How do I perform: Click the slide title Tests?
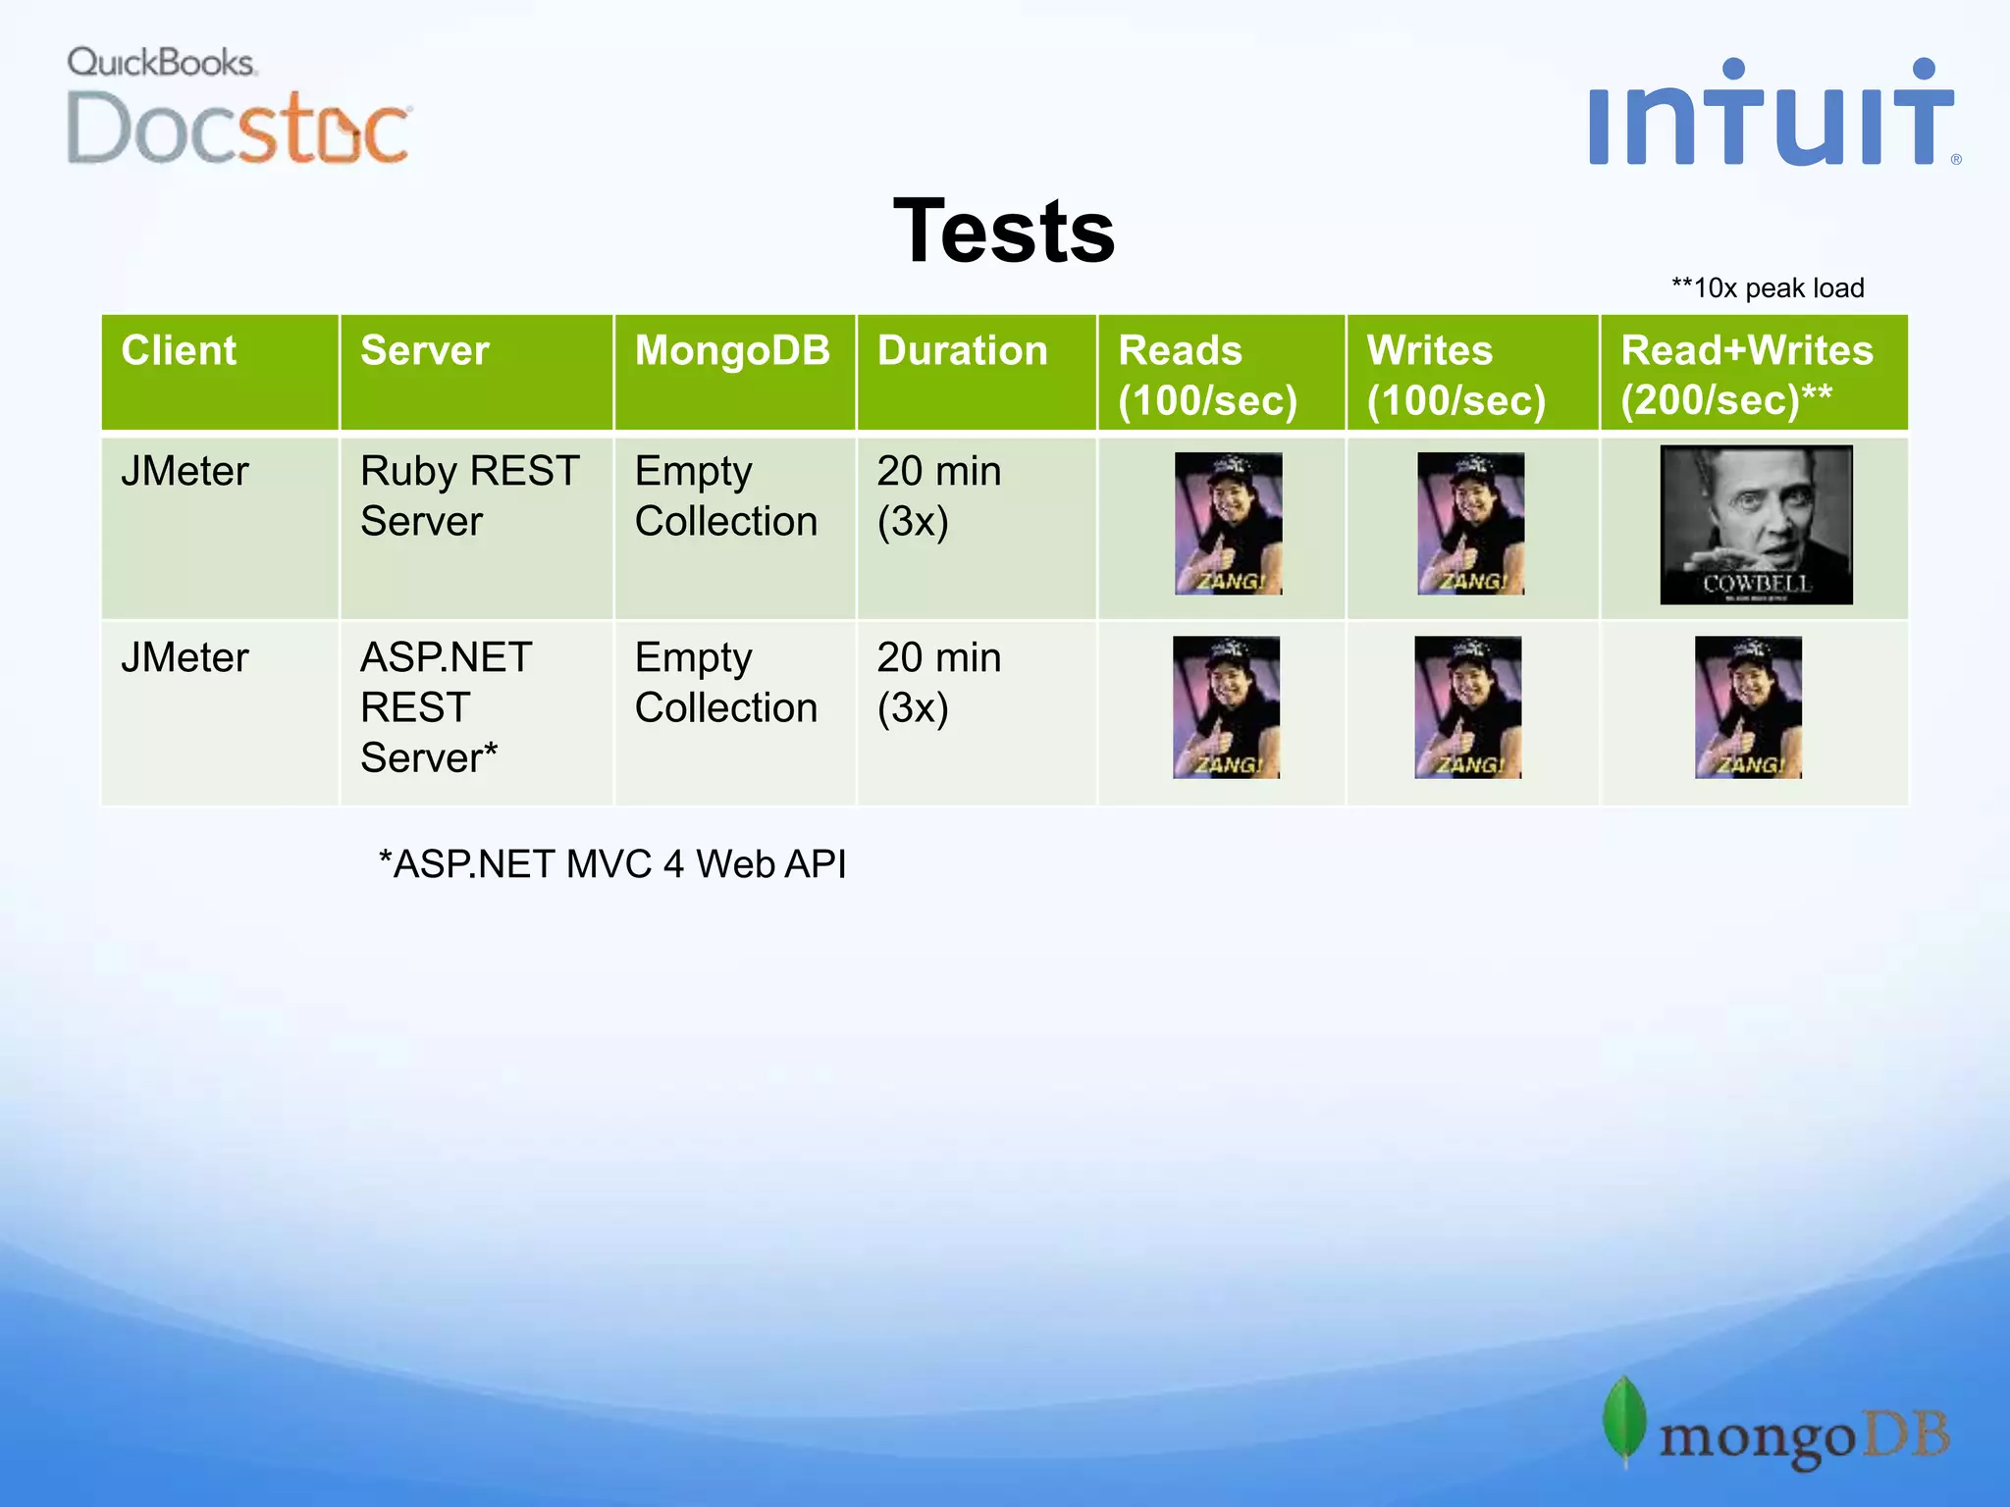pyautogui.click(x=1004, y=232)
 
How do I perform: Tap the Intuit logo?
pyautogui.click(x=1772, y=114)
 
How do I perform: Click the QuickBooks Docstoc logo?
pyautogui.click(x=238, y=106)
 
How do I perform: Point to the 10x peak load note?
pyautogui.click(x=1768, y=288)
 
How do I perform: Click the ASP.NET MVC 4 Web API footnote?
pyautogui.click(x=612, y=864)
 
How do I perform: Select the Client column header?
pyautogui.click(x=179, y=351)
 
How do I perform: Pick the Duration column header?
pyautogui.click(x=962, y=351)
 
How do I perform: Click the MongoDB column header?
pyautogui.click(x=732, y=351)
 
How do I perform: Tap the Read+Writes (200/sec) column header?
pyautogui.click(x=1747, y=374)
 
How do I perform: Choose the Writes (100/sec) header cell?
pyautogui.click(x=1456, y=374)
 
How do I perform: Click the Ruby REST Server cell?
pyautogui.click(x=469, y=496)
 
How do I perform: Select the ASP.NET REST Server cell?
pyautogui.click(x=446, y=707)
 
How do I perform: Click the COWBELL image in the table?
pyautogui.click(x=1756, y=525)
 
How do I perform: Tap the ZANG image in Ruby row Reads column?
pyautogui.click(x=1228, y=524)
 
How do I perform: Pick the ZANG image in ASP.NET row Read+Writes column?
pyautogui.click(x=1748, y=707)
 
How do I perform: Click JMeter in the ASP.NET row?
pyautogui.click(x=185, y=658)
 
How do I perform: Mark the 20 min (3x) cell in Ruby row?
pyautogui.click(x=938, y=496)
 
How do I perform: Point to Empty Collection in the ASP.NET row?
pyautogui.click(x=725, y=683)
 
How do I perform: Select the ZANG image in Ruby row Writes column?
pyautogui.click(x=1470, y=524)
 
